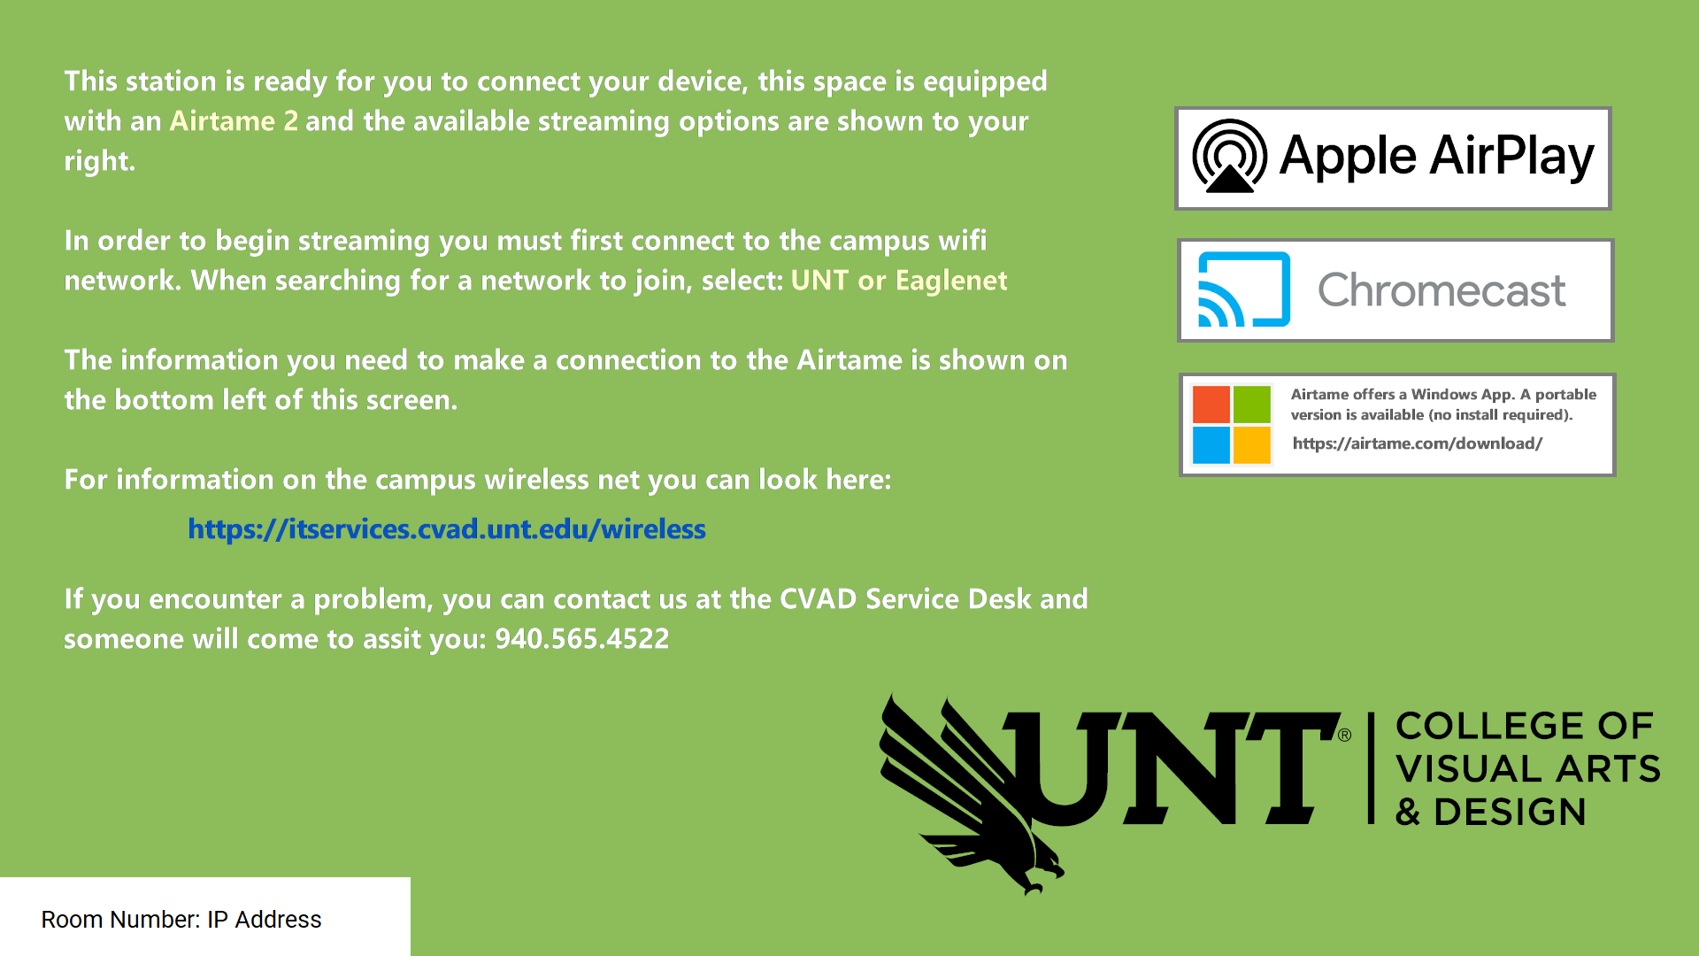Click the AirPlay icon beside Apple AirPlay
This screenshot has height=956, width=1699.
pyautogui.click(x=1229, y=157)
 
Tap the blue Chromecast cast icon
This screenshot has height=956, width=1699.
pyautogui.click(x=1244, y=289)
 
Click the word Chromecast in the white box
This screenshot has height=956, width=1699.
pyautogui.click(x=1441, y=290)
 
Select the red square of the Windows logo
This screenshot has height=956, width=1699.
pyautogui.click(x=1211, y=405)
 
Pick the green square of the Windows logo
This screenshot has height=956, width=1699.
pyautogui.click(x=1251, y=405)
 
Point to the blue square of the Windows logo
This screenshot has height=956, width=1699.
pyautogui.click(x=1211, y=445)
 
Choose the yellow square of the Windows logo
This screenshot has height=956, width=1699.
pyautogui.click(x=1251, y=445)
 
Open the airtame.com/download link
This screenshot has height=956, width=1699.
pyautogui.click(x=1418, y=443)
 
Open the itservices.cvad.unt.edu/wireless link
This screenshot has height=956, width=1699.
pyautogui.click(x=447, y=529)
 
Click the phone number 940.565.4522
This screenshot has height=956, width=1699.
pyautogui.click(x=582, y=639)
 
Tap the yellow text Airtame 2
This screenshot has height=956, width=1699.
pyautogui.click(x=234, y=121)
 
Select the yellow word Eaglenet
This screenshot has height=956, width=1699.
pyautogui.click(x=951, y=281)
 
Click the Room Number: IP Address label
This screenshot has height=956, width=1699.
pyautogui.click(x=181, y=920)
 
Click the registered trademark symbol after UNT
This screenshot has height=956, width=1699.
pyautogui.click(x=1344, y=735)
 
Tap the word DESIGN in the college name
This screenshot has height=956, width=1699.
pyautogui.click(x=1510, y=812)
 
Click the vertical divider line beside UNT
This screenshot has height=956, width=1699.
pyautogui.click(x=1371, y=768)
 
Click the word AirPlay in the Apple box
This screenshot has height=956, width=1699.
pyautogui.click(x=1512, y=157)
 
